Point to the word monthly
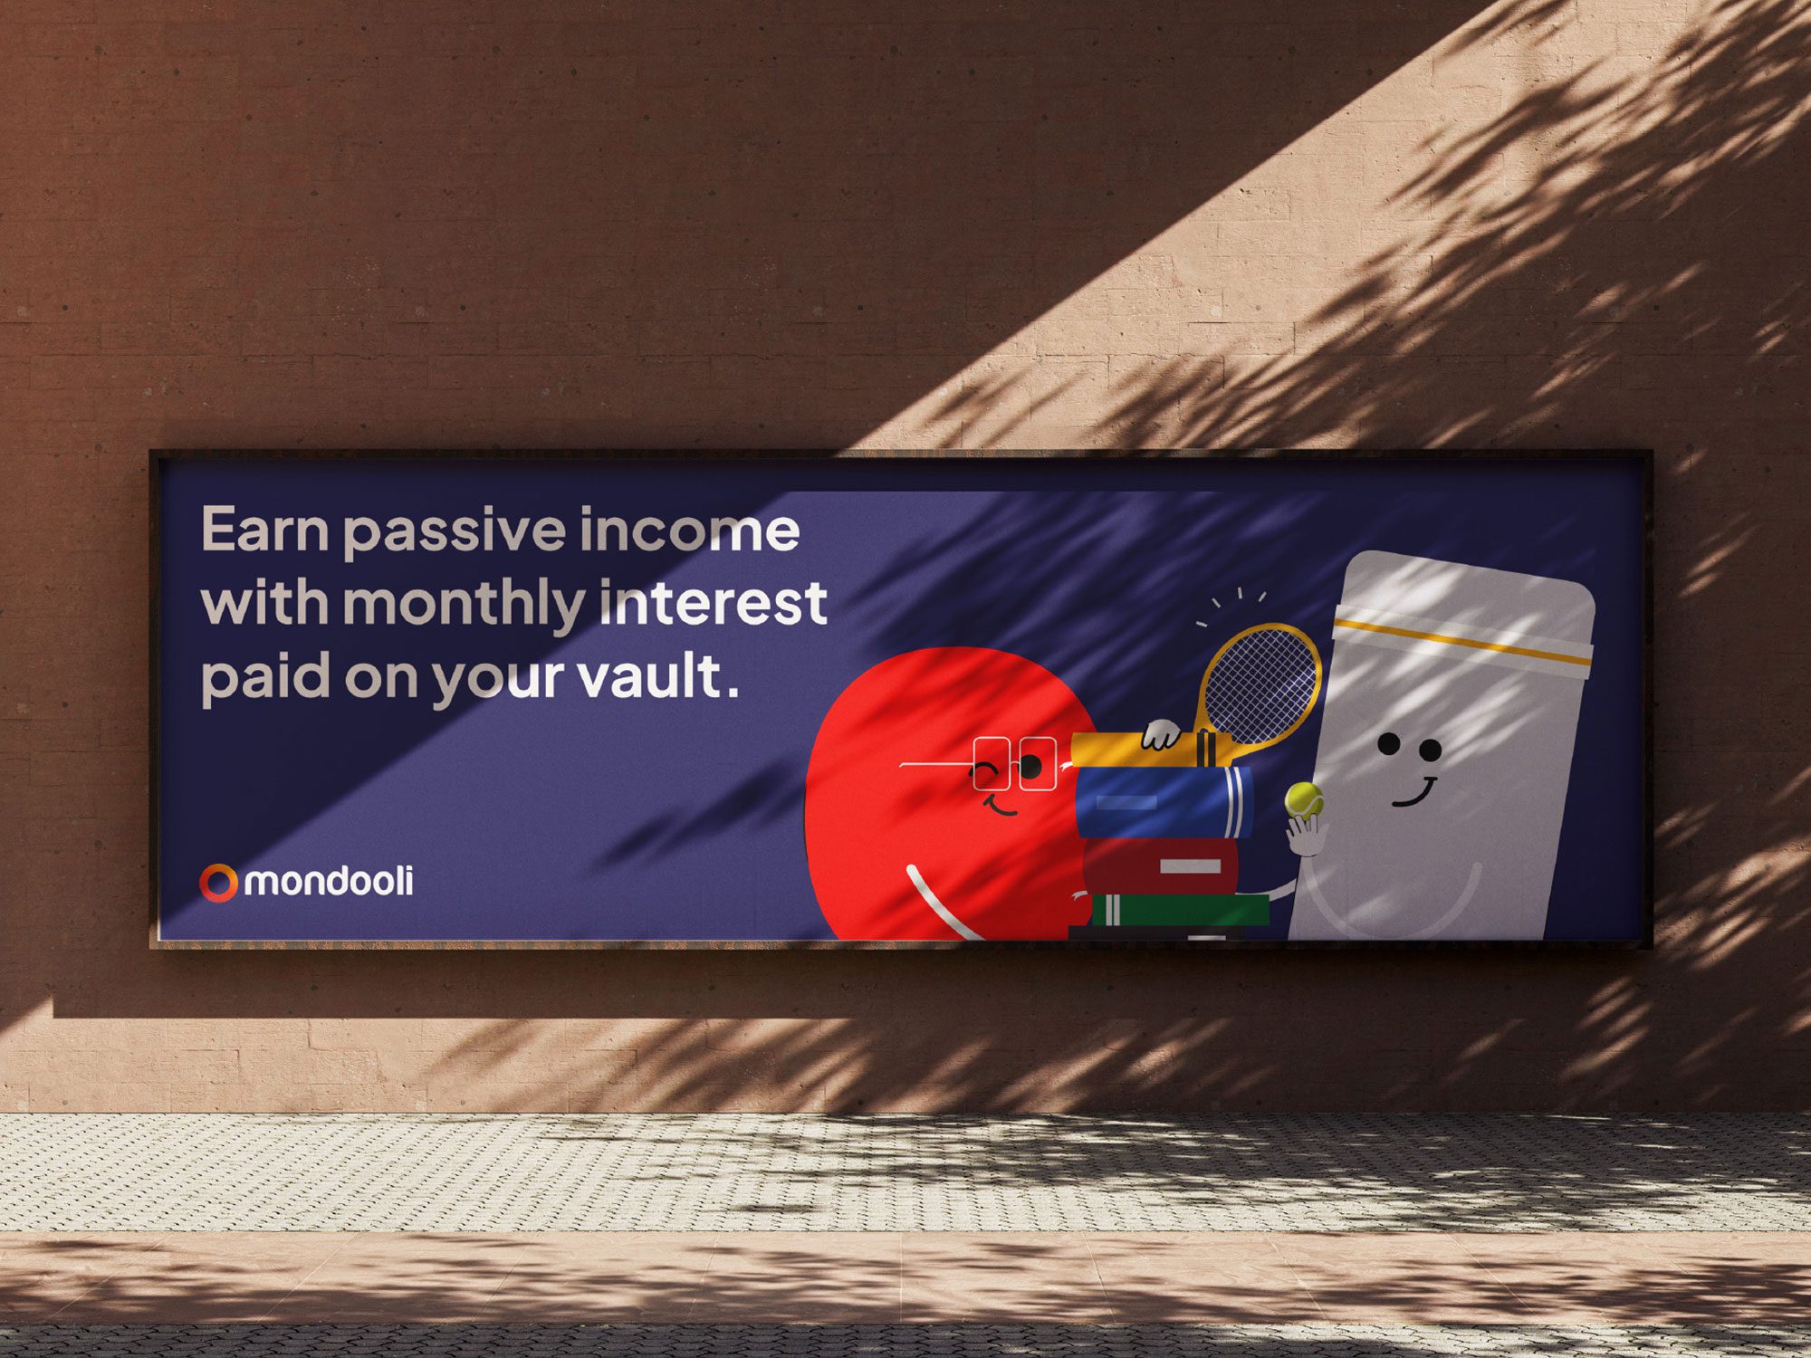pyautogui.click(x=464, y=606)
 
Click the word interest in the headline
pyautogui.click(x=714, y=603)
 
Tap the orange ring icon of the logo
pyautogui.click(x=218, y=883)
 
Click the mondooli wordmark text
pyautogui.click(x=329, y=881)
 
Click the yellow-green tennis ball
pyautogui.click(x=1304, y=801)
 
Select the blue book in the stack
pyautogui.click(x=1164, y=802)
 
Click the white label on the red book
pyautogui.click(x=1190, y=866)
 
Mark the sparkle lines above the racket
pyautogui.click(x=1230, y=605)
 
